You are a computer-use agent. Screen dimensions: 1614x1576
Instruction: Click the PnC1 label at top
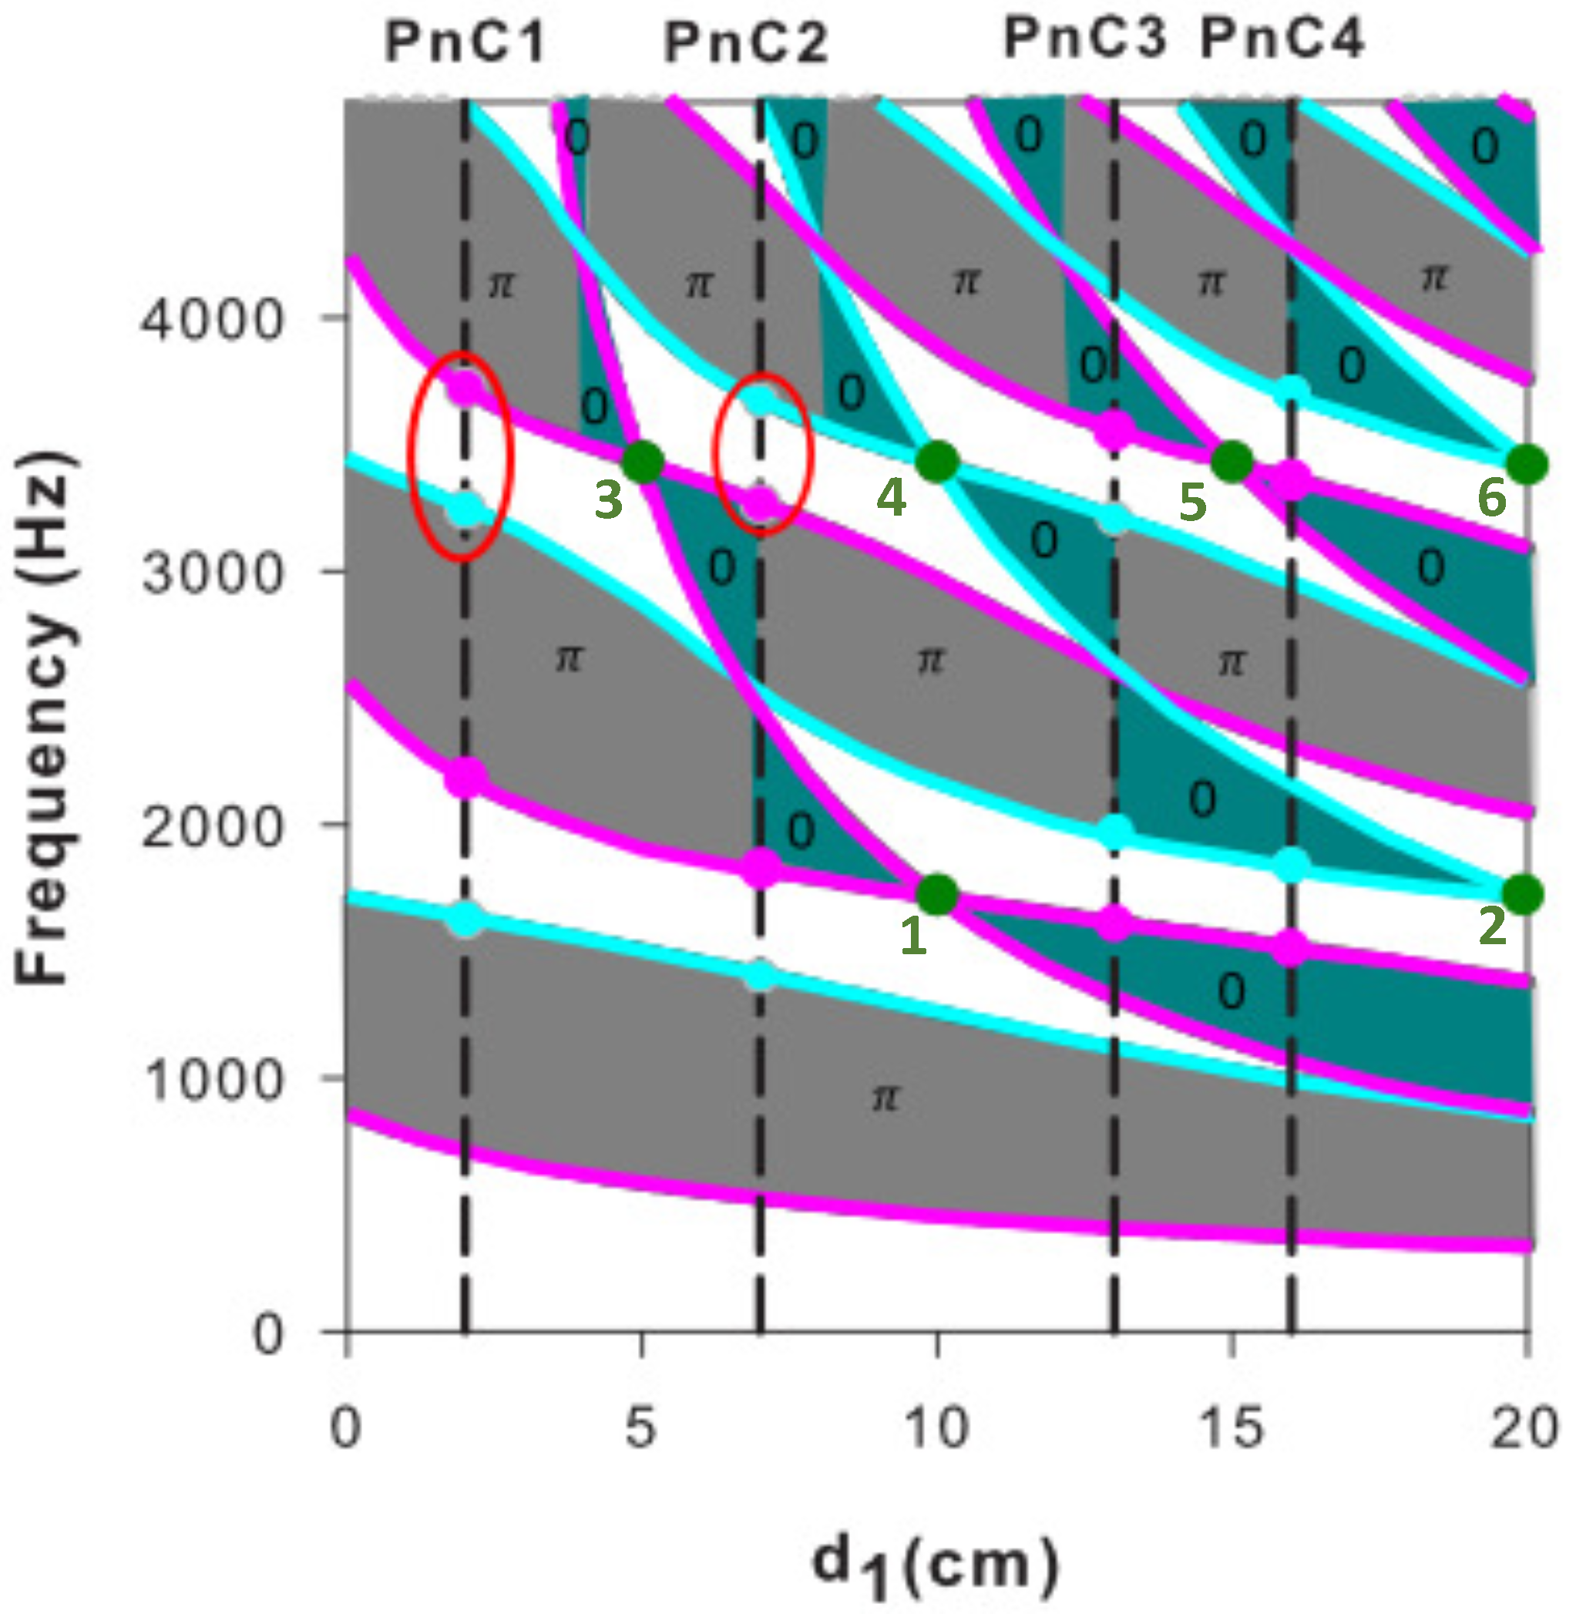click(x=465, y=42)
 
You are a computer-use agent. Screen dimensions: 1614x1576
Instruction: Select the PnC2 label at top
click(x=746, y=43)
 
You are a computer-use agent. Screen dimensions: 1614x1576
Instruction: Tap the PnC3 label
click(x=1084, y=38)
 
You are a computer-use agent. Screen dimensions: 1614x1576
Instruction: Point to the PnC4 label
click(x=1282, y=38)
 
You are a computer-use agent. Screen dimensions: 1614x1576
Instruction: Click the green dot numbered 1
click(x=938, y=895)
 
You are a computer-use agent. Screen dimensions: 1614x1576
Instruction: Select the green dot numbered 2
click(x=1524, y=894)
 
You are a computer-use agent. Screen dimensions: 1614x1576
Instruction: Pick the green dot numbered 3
click(x=642, y=462)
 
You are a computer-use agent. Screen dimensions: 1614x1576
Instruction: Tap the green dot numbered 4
click(x=937, y=461)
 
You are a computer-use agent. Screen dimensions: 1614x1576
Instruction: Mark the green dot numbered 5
click(x=1232, y=461)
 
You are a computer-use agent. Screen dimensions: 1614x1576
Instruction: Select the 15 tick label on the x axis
click(x=1232, y=1427)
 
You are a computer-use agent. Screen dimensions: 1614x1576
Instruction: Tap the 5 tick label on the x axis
click(x=640, y=1427)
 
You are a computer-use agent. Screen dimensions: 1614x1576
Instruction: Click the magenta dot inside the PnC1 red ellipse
click(x=465, y=385)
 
